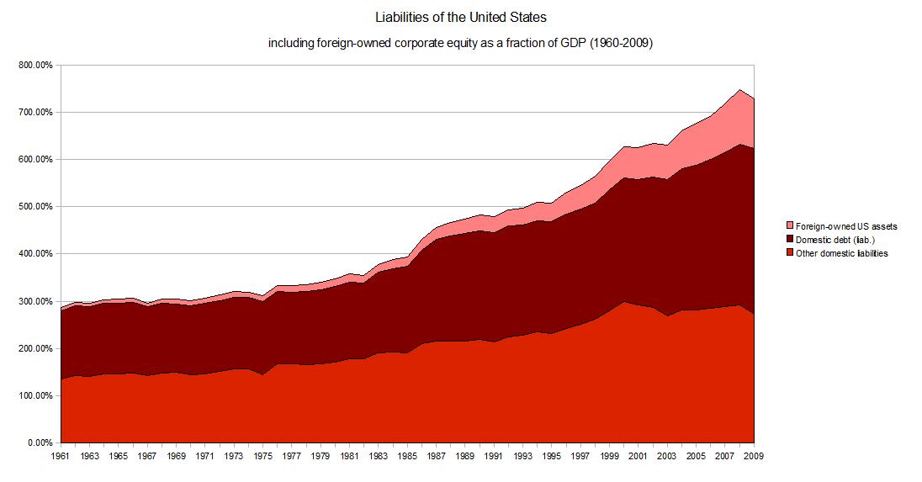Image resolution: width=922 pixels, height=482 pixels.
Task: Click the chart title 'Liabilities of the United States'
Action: (x=460, y=17)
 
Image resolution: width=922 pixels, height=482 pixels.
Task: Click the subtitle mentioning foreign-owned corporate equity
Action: (x=460, y=44)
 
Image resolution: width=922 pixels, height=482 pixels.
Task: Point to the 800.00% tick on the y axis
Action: (x=36, y=65)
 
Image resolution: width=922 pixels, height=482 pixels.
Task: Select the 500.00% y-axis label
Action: (x=36, y=206)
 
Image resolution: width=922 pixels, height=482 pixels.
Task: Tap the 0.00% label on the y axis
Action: (x=40, y=442)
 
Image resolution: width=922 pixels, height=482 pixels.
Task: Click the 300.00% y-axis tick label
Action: (x=36, y=301)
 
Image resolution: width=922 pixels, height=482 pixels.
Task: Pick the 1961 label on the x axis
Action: (x=61, y=456)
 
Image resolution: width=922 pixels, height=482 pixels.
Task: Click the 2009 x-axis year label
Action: (x=754, y=456)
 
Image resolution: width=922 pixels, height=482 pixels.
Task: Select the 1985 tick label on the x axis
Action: (x=408, y=456)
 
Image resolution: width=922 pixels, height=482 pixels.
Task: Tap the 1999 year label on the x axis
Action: (x=610, y=456)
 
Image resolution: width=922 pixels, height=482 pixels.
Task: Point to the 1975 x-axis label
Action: (x=263, y=456)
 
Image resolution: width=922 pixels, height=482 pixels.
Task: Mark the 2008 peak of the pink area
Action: (x=739, y=90)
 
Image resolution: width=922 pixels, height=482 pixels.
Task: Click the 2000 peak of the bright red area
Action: (x=624, y=302)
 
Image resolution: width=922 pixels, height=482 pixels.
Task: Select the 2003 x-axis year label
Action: (x=667, y=456)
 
